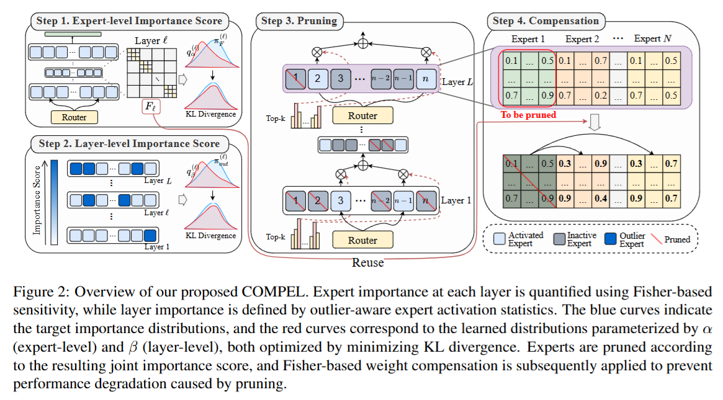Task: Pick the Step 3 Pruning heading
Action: [299, 21]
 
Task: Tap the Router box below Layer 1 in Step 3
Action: [363, 239]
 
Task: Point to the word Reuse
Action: [368, 263]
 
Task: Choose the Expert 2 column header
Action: [582, 39]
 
